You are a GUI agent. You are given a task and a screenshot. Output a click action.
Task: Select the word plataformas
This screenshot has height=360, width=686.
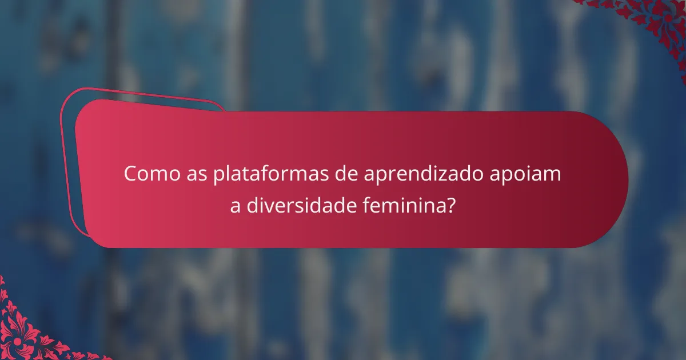click(x=270, y=174)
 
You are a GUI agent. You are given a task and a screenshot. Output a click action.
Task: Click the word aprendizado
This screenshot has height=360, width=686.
click(x=422, y=175)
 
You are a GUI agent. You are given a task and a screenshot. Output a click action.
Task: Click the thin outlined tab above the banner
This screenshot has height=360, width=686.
click(x=143, y=98)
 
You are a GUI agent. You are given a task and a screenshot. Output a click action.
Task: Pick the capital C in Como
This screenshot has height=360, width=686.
click(x=131, y=174)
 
